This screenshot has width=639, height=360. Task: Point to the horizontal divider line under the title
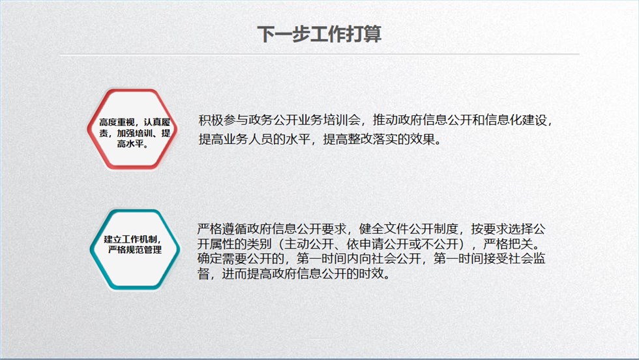pos(319,54)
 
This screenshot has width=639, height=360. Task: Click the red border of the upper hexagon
pos(93,129)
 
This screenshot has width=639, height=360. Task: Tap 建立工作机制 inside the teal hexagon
pos(130,239)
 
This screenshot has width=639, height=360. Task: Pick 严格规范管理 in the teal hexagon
pos(135,250)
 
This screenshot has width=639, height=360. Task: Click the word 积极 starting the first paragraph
pos(211,120)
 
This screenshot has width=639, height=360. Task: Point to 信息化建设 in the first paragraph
pos(516,120)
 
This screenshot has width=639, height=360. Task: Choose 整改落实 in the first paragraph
pos(372,139)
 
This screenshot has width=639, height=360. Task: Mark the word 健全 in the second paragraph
pos(371,229)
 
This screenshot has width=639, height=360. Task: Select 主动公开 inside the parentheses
pos(309,244)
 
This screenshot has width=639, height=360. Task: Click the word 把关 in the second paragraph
pos(520,244)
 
